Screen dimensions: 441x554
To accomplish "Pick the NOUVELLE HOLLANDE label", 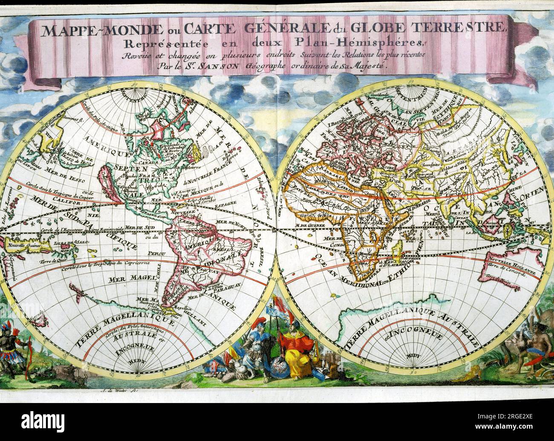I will (510, 262).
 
